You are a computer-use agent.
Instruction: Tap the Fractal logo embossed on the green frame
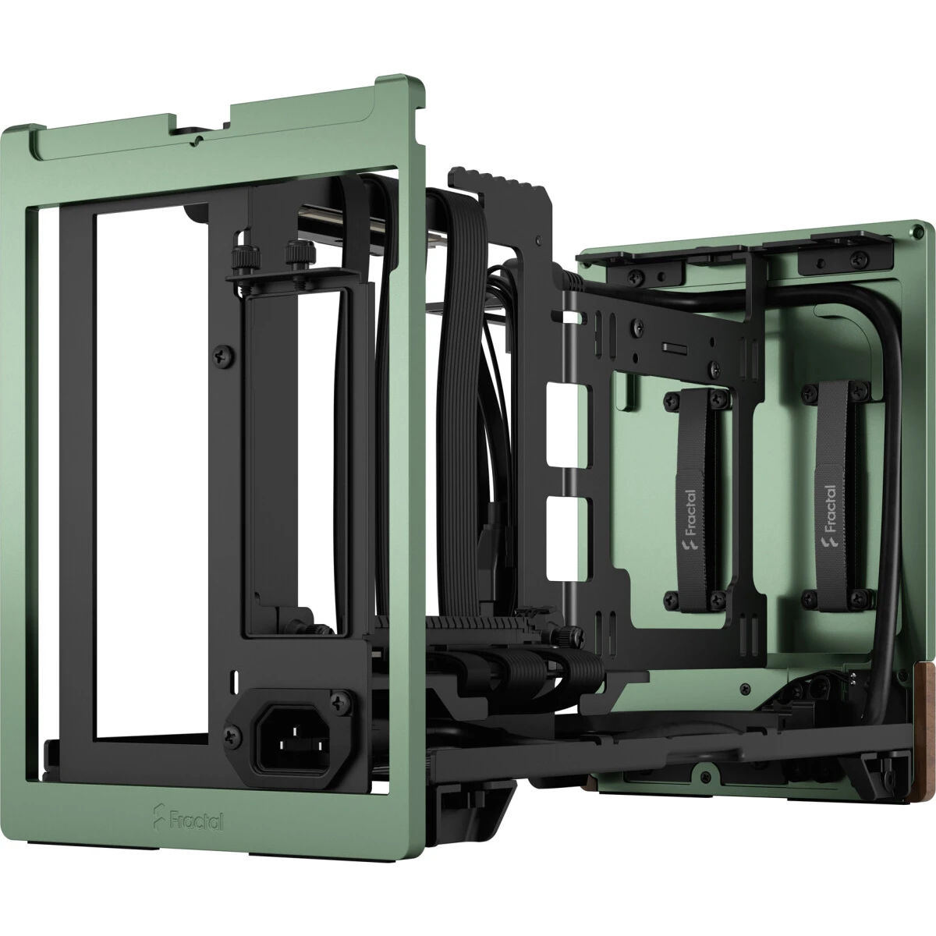(185, 820)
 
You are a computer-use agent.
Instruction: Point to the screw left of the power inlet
(232, 733)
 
